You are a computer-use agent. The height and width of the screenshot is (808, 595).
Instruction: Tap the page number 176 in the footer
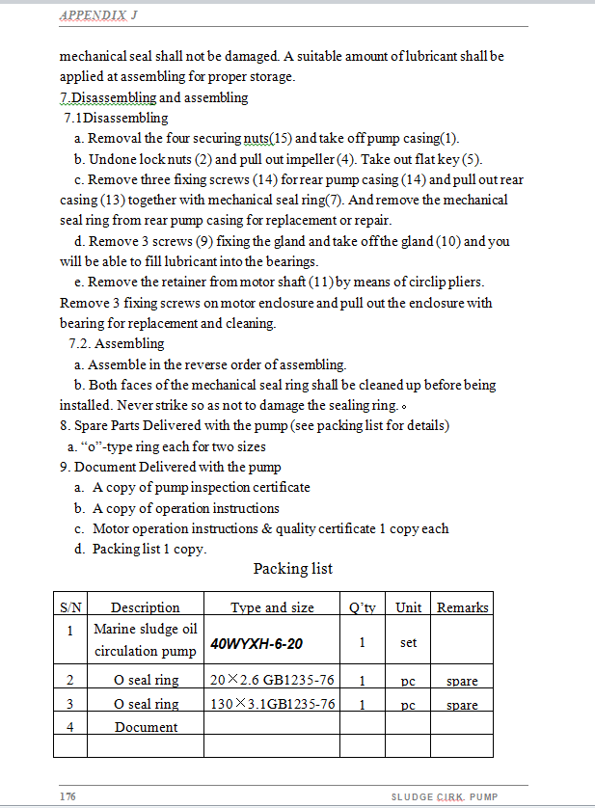tap(68, 796)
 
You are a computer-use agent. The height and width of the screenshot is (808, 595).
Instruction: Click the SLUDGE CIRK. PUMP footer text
tap(444, 796)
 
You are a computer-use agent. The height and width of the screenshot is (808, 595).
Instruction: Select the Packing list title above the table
tap(292, 569)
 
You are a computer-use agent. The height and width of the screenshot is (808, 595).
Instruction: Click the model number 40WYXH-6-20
tap(256, 642)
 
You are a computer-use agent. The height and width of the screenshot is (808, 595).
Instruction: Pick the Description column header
tap(145, 607)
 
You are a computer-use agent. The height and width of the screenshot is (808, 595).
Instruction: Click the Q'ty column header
tap(362, 607)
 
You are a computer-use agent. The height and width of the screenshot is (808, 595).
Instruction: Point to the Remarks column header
tap(462, 607)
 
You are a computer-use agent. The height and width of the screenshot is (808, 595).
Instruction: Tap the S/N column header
tap(70, 607)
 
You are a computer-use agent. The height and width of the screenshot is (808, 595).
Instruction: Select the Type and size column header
tap(272, 607)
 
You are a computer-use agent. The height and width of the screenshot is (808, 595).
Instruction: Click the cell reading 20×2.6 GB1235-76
tap(272, 681)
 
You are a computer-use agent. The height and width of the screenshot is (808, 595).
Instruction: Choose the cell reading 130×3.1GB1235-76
tap(272, 705)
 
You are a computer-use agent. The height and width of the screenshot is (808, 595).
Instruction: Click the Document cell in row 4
tap(146, 727)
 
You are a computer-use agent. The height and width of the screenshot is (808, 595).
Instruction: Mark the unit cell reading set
tap(408, 642)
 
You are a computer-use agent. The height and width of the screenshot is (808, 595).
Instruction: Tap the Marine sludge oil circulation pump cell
tap(145, 640)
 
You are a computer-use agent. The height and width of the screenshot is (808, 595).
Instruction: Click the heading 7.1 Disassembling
tap(116, 118)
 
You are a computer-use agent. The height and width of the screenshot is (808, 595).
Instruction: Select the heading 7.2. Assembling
tap(116, 343)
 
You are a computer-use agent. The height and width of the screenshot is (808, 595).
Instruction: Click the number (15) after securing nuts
tap(281, 139)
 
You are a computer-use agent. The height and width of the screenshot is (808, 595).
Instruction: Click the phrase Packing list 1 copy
tap(149, 549)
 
